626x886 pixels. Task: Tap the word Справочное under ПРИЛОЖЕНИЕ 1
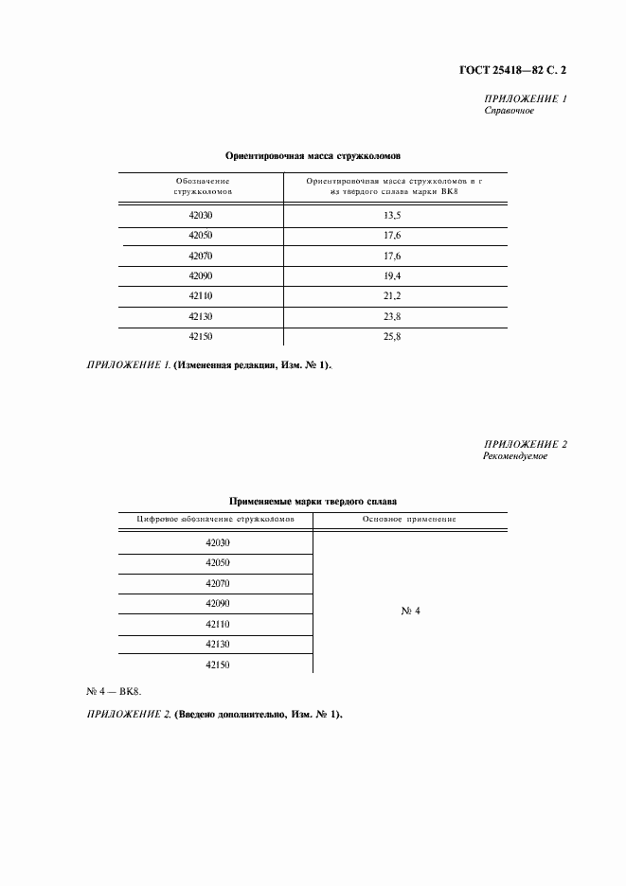(x=510, y=111)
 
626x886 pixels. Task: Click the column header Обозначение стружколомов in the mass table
(x=203, y=186)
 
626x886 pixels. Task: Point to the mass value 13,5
(x=391, y=216)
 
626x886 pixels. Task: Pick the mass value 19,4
(x=391, y=275)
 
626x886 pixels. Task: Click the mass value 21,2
(x=391, y=295)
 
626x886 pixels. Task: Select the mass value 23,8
(x=391, y=316)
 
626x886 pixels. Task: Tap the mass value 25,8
(x=391, y=336)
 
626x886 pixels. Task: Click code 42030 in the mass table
(x=202, y=216)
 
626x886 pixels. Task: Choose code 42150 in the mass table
(x=202, y=336)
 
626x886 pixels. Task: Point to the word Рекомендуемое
(x=515, y=456)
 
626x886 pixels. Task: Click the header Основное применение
(x=410, y=520)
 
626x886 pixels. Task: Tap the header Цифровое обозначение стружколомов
(x=217, y=520)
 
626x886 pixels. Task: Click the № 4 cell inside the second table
(x=410, y=611)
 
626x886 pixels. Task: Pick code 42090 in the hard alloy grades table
(x=218, y=604)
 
